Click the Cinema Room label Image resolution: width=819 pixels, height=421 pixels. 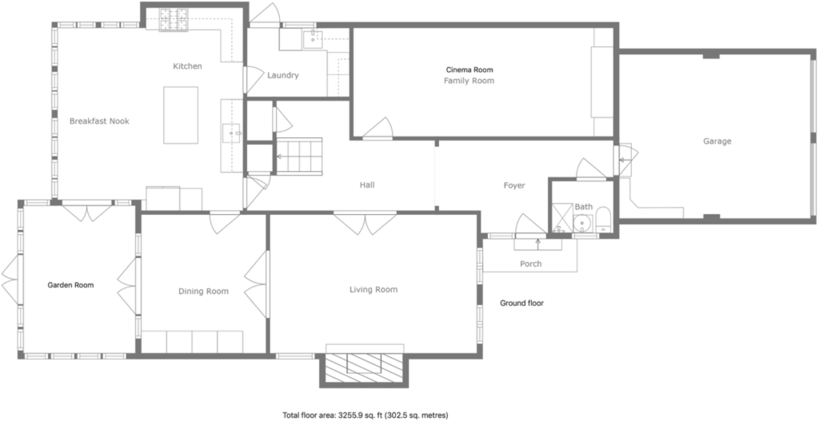click(469, 70)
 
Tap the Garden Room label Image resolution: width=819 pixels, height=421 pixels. click(70, 285)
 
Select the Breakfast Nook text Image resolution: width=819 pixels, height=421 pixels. click(99, 121)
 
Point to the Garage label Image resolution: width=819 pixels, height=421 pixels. click(717, 141)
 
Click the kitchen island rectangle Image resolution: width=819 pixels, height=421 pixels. click(181, 115)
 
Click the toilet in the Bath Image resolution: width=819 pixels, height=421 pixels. click(603, 220)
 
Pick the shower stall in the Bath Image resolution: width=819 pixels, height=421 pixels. click(562, 217)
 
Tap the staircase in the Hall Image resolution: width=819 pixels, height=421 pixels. click(299, 157)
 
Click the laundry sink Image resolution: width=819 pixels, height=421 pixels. click(314, 38)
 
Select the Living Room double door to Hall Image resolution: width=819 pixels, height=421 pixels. click(365, 223)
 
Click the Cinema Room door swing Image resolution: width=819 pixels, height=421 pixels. click(378, 129)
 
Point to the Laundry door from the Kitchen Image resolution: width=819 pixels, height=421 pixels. click(254, 80)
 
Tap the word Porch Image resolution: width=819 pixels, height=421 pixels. click(531, 264)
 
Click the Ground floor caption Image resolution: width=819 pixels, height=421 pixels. click(521, 303)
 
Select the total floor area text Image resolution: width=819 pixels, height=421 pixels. click(366, 415)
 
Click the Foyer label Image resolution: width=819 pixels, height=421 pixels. click(514, 185)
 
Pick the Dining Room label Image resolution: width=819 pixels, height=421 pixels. click(204, 292)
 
